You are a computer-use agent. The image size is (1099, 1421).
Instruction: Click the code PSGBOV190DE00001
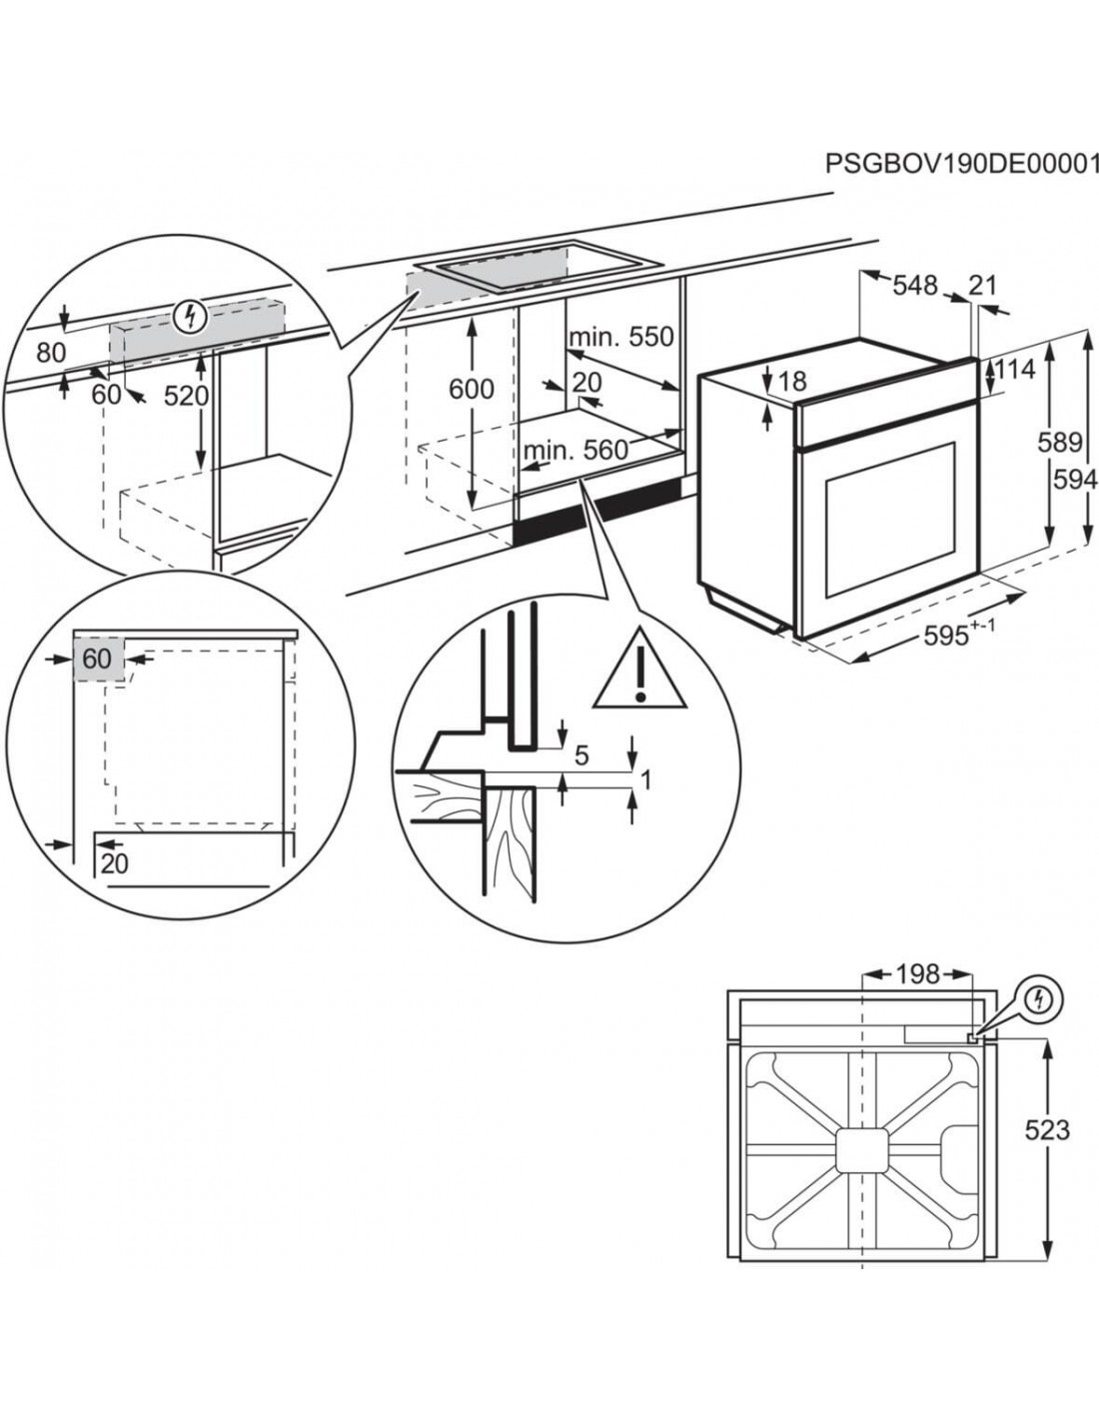click(x=961, y=191)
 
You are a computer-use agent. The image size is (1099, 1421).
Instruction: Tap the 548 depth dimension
click(x=915, y=286)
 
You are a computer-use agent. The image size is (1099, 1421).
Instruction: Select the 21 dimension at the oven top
click(x=983, y=286)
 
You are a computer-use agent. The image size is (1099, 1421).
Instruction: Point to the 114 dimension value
click(x=1015, y=369)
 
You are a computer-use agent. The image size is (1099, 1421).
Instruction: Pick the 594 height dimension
click(x=1076, y=481)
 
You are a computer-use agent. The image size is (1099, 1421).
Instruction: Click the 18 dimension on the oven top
click(x=791, y=382)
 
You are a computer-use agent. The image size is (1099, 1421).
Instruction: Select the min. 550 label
click(x=621, y=337)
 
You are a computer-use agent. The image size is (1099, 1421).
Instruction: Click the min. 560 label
click(x=575, y=451)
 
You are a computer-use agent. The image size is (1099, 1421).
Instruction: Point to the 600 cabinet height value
click(x=471, y=389)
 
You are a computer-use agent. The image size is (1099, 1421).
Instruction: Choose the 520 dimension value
click(x=186, y=397)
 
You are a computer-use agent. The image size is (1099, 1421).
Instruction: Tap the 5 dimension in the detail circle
click(x=581, y=756)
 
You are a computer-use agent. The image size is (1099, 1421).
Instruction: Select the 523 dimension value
click(x=1047, y=1130)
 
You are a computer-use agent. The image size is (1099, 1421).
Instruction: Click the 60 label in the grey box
click(x=97, y=659)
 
